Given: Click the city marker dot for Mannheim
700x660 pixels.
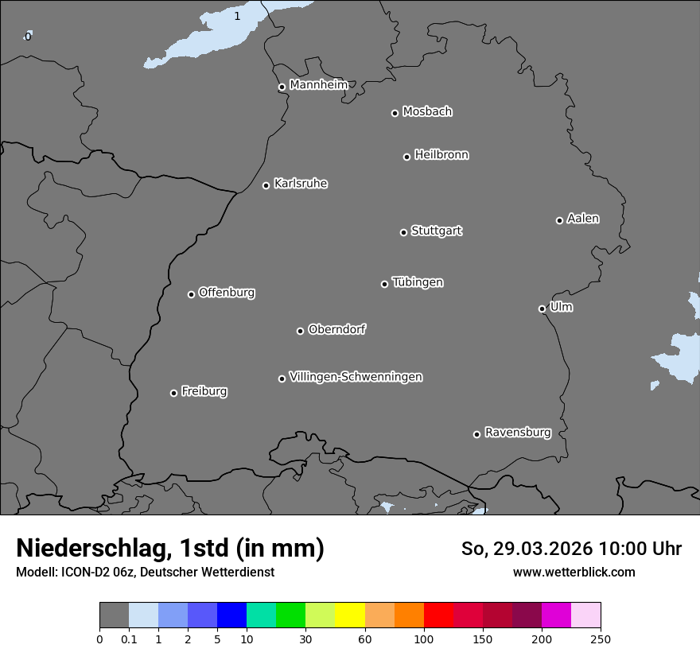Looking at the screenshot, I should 282,87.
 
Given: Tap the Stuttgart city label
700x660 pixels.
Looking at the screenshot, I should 436,231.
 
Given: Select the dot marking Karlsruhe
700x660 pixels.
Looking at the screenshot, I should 266,186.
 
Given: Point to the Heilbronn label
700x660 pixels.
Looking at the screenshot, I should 441,154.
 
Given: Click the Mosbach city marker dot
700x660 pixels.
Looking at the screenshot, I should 395,113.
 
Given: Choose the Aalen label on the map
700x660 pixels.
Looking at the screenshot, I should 583,219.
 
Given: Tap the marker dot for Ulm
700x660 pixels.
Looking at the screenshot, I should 542,309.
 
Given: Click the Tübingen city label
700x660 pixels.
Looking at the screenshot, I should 418,282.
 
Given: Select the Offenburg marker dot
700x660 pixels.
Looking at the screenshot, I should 191,294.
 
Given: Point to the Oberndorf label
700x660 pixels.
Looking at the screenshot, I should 337,329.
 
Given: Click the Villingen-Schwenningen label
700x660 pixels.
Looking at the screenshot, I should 356,377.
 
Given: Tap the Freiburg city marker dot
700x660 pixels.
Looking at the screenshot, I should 173,393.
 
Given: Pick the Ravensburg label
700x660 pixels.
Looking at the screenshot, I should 518,433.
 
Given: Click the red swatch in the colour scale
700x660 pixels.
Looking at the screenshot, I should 438,615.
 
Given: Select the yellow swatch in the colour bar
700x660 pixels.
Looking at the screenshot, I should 350,615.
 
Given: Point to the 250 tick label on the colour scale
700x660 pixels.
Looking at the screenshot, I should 601,639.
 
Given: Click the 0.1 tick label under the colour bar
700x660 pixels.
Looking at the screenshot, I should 129,639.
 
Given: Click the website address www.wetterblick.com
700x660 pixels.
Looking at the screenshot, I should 574,572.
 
